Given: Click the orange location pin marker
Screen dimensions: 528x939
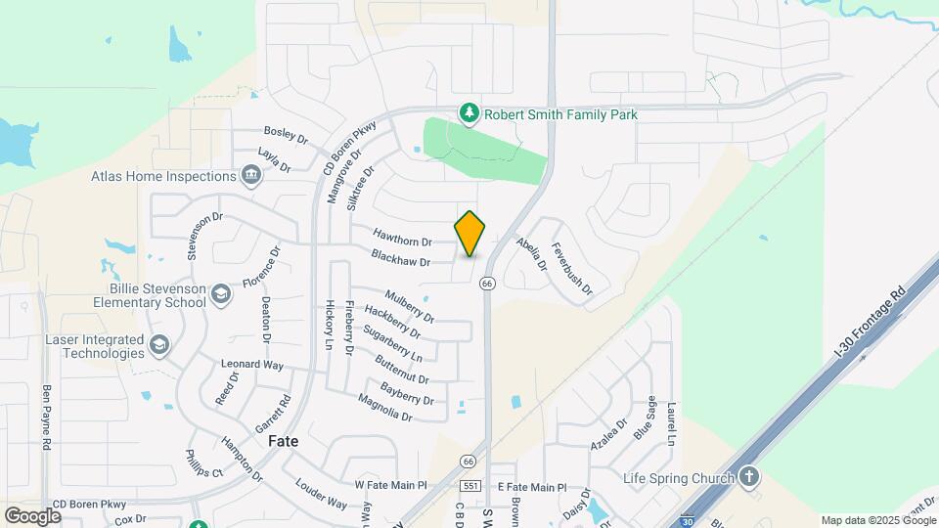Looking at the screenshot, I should pyautogui.click(x=470, y=233).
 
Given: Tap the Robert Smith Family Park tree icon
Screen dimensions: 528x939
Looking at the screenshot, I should pyautogui.click(x=470, y=114).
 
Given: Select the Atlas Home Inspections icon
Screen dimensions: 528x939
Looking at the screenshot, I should pyautogui.click(x=251, y=176).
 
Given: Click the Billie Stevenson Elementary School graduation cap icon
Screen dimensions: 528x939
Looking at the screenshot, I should pyautogui.click(x=222, y=295).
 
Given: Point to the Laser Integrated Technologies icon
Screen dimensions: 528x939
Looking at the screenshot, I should pyautogui.click(x=158, y=345).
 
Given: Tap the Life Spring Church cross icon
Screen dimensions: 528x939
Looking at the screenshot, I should pyautogui.click(x=749, y=478).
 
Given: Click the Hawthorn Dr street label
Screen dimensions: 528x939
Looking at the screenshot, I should pyautogui.click(x=401, y=236).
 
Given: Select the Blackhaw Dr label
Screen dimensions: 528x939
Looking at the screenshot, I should pyautogui.click(x=401, y=258).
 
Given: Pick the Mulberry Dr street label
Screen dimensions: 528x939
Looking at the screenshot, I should pyautogui.click(x=409, y=306).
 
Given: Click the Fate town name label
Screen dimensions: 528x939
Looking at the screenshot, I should pyautogui.click(x=283, y=441).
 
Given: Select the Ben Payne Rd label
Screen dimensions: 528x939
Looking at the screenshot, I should pyautogui.click(x=46, y=416).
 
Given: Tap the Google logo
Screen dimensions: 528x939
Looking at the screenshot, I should pyautogui.click(x=32, y=515).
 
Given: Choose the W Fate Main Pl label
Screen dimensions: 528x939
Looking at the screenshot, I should pyautogui.click(x=391, y=485).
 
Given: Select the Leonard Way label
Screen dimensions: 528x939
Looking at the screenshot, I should pyautogui.click(x=251, y=364).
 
